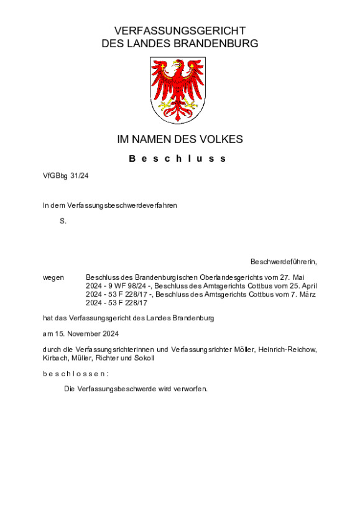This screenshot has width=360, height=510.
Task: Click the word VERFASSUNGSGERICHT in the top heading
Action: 180,30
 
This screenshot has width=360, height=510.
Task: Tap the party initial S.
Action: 63,221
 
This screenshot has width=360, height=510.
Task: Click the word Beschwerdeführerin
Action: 284,261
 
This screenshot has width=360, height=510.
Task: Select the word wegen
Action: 53,277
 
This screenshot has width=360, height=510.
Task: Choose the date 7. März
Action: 303,294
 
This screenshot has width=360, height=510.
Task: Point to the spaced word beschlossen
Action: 76,373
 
